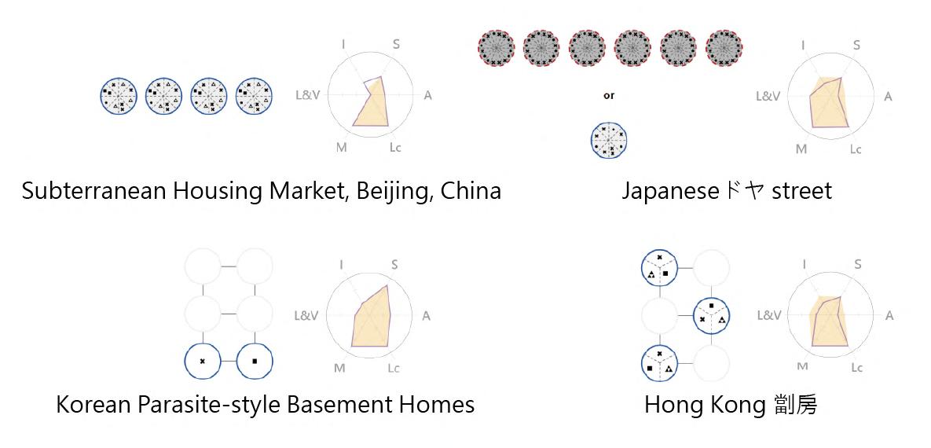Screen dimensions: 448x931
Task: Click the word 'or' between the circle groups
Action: [609, 96]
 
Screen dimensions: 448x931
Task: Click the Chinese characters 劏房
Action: [794, 405]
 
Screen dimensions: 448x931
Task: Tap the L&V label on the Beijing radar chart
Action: [306, 95]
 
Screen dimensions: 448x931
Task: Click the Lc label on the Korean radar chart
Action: [395, 367]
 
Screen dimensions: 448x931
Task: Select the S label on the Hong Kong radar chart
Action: [857, 265]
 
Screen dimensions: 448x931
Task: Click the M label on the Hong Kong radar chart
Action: [802, 366]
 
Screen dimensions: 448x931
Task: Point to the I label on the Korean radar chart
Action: [341, 265]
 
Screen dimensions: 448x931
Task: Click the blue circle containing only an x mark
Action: [203, 361]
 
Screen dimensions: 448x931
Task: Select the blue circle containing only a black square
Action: [255, 361]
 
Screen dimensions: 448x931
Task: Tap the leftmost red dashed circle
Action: [496, 47]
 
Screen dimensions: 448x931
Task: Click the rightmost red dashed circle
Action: [724, 47]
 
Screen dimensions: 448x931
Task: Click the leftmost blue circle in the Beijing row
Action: [119, 96]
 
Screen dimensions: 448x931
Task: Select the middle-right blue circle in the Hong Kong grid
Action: [711, 315]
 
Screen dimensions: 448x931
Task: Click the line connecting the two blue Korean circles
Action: [229, 361]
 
